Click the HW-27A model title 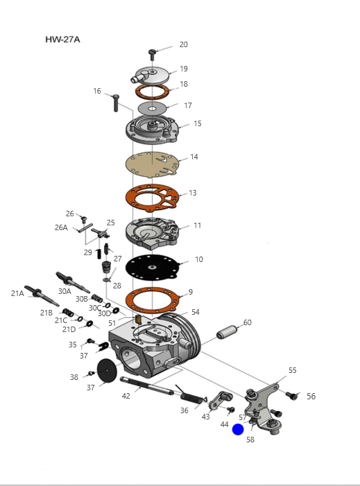62,40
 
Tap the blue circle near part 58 238,430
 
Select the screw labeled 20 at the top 152,55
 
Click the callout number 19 184,69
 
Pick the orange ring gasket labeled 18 152,92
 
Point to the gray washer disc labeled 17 152,108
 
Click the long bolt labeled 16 116,103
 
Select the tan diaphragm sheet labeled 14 152,164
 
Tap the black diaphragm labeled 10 152,267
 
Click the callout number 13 193,193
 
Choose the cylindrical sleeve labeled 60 227,331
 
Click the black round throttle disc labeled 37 107,370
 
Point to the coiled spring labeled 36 191,394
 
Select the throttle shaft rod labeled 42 146,386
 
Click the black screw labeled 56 291,395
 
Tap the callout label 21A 17,293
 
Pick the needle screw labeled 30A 73,282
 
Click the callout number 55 293,370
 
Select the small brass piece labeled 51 139,319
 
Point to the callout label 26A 61,227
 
